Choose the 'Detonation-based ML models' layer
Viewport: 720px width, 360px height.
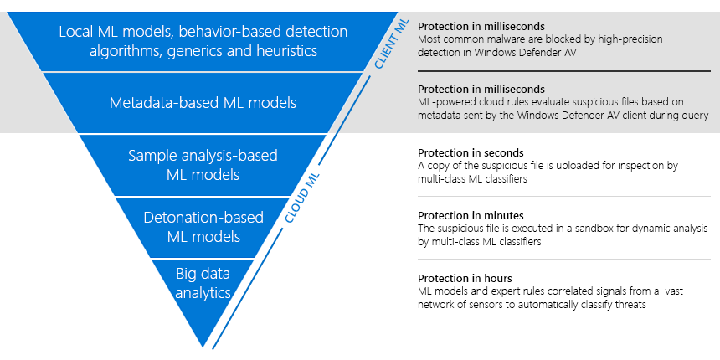tap(203, 227)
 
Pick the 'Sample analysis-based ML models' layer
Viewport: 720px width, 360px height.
tap(203, 164)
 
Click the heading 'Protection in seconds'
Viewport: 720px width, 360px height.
tap(471, 153)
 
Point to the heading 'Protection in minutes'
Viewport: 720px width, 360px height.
tap(471, 216)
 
